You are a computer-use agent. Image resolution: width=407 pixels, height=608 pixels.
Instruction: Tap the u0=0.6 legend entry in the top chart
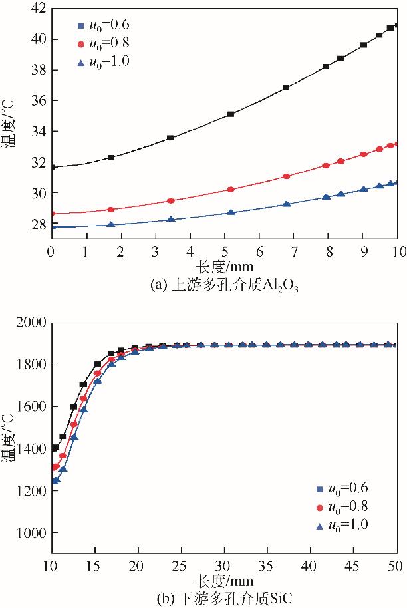103,25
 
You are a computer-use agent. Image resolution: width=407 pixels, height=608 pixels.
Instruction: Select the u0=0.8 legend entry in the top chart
103,43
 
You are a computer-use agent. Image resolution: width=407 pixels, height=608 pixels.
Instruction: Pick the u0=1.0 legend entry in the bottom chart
342,524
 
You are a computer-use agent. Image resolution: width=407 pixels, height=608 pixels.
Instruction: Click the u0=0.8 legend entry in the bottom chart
342,506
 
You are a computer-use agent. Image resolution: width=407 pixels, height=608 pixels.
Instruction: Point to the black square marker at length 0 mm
52,167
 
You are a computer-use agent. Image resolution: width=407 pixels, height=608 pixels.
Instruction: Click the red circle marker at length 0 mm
52,214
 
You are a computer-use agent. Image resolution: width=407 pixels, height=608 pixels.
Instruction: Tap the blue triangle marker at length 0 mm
52,227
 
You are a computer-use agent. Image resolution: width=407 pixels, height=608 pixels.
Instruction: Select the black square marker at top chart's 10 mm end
396,25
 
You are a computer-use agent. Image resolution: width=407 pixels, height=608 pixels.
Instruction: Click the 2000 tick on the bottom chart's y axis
29,323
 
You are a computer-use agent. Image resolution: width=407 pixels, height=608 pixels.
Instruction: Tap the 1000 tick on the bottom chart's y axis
29,533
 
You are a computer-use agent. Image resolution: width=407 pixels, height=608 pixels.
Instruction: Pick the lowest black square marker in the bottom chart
55,448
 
